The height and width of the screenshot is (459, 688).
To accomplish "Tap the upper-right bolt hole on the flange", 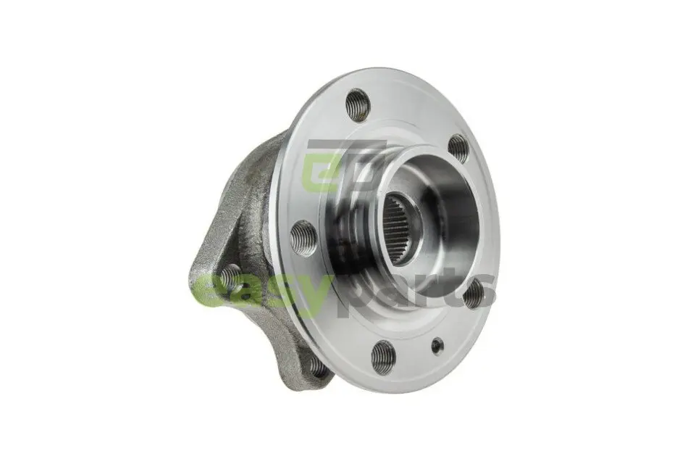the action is (x=458, y=149).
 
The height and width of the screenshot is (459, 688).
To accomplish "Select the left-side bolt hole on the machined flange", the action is (x=303, y=238).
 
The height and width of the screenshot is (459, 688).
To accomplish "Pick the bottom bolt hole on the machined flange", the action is (x=384, y=357).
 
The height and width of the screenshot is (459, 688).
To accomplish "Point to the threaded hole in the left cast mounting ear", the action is (x=229, y=277).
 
